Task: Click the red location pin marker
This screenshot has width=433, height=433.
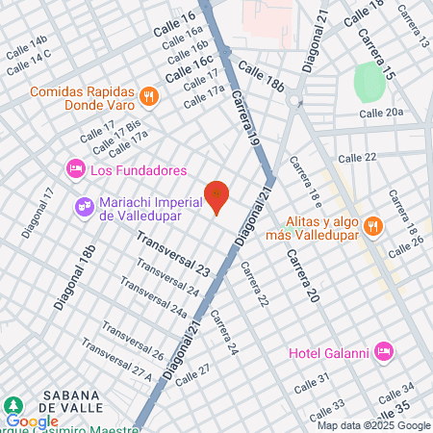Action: click(x=217, y=196)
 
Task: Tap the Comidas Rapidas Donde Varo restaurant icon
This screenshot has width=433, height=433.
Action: click(x=148, y=95)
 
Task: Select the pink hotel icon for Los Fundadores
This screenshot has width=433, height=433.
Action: click(x=75, y=169)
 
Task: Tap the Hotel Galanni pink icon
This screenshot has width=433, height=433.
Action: click(x=385, y=350)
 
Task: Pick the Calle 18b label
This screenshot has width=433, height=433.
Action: click(x=261, y=76)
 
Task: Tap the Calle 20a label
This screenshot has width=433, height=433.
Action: click(x=381, y=113)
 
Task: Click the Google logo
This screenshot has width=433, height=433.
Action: click(x=32, y=420)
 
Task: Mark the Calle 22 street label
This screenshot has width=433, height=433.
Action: click(x=357, y=157)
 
